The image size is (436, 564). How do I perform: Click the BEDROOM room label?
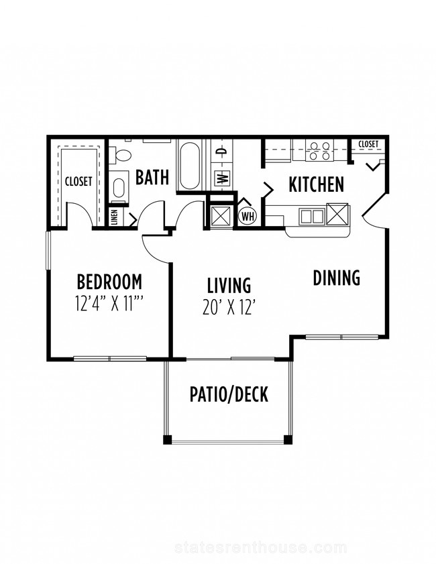pyautogui.click(x=109, y=282)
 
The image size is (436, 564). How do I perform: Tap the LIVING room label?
pyautogui.click(x=229, y=285)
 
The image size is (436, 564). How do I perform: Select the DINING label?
pyautogui.click(x=336, y=278)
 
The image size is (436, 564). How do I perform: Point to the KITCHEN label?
pyautogui.click(x=316, y=184)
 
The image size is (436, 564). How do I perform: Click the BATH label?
pyautogui.click(x=152, y=177)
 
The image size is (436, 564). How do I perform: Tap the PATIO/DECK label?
pyautogui.click(x=229, y=394)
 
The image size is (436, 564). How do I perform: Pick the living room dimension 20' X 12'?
pyautogui.click(x=229, y=307)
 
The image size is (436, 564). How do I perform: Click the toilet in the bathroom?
pyautogui.click(x=121, y=156)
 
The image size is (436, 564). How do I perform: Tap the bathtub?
pyautogui.click(x=190, y=166)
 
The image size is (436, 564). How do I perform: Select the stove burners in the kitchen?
pyautogui.click(x=320, y=151)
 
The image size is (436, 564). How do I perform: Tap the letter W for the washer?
pyautogui.click(x=222, y=178)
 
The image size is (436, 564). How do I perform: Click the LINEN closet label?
pyautogui.click(x=115, y=217)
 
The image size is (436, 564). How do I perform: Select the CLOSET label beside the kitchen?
pyautogui.click(x=368, y=144)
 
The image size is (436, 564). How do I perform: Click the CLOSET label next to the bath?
pyautogui.click(x=78, y=181)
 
